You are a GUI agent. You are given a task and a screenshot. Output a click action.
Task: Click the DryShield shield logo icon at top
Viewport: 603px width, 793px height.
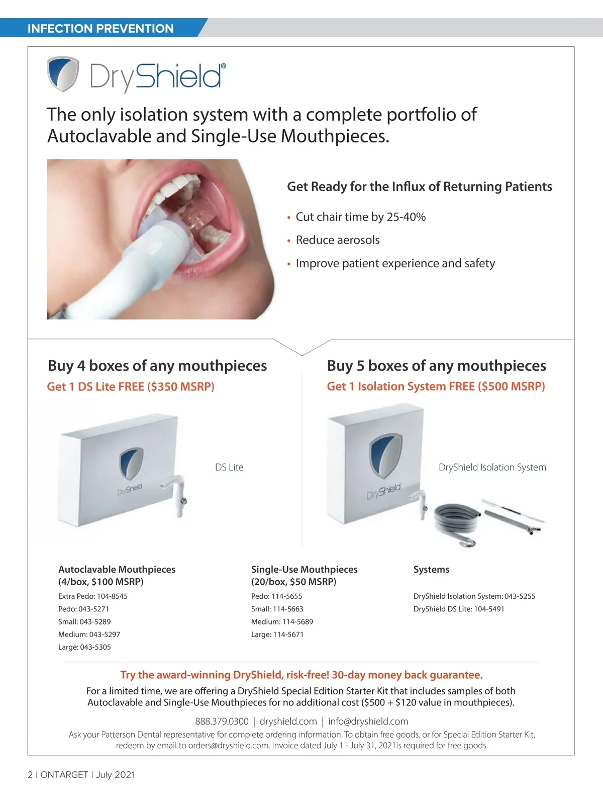[63, 73]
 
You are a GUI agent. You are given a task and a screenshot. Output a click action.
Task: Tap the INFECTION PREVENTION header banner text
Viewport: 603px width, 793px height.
[100, 29]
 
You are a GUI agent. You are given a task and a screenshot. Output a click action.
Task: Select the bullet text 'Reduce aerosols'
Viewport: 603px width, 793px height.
[338, 240]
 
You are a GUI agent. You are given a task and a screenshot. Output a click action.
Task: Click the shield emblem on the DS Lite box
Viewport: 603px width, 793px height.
[131, 463]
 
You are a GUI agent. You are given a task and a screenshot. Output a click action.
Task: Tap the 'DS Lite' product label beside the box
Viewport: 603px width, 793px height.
[229, 467]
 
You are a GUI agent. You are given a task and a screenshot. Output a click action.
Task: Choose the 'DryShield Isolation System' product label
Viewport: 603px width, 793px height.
[492, 467]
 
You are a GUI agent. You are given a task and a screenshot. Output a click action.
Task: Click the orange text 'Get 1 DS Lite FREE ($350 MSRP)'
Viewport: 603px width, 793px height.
[131, 386]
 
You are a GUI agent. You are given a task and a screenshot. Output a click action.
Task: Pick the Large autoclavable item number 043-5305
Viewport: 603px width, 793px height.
[95, 647]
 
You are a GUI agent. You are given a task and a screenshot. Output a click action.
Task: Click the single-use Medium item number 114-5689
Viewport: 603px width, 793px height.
[298, 622]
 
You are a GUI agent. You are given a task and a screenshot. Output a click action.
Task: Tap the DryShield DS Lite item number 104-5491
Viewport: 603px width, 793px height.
[489, 609]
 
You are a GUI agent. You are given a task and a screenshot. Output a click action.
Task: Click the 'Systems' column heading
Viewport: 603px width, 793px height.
[431, 570]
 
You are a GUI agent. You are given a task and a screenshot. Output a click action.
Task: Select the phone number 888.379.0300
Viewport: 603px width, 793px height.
[222, 722]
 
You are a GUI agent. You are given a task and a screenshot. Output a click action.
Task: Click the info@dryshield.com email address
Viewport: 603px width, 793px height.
[368, 722]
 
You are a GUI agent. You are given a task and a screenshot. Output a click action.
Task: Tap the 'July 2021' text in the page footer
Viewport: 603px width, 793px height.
[115, 775]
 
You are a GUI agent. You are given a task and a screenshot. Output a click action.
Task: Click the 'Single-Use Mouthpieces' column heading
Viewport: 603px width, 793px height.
[305, 570]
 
